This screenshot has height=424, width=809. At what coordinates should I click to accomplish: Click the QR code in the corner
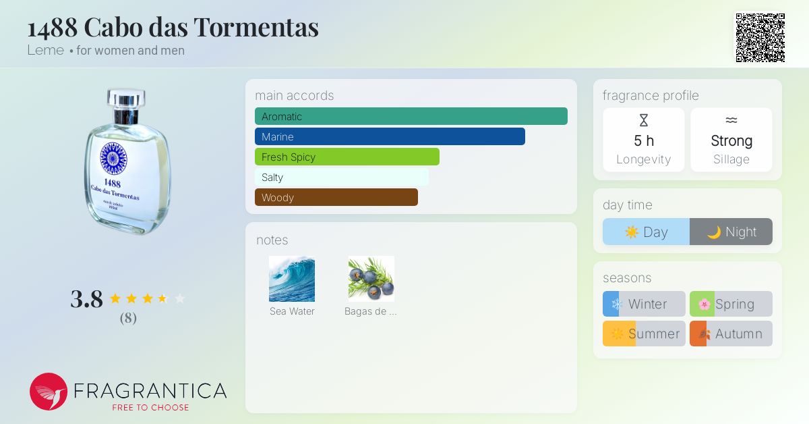pyautogui.click(x=760, y=38)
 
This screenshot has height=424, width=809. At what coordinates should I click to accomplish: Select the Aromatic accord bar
pyautogui.click(x=411, y=116)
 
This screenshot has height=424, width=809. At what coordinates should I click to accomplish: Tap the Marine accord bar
pyautogui.click(x=390, y=136)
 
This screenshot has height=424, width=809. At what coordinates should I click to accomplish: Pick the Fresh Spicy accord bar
pyautogui.click(x=347, y=157)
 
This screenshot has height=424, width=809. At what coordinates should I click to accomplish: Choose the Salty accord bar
pyautogui.click(x=341, y=177)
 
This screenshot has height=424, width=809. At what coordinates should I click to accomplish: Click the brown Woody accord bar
pyautogui.click(x=336, y=197)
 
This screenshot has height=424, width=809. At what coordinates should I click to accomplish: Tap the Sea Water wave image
pyautogui.click(x=292, y=279)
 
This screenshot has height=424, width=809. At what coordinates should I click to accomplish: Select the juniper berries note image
pyautogui.click(x=371, y=279)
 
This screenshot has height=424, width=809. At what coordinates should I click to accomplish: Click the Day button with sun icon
pyautogui.click(x=646, y=232)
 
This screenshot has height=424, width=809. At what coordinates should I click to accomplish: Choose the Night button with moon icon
pyautogui.click(x=731, y=232)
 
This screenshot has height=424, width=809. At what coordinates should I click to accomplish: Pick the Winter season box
pyautogui.click(x=644, y=304)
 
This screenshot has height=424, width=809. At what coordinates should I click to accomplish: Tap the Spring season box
pyautogui.click(x=731, y=304)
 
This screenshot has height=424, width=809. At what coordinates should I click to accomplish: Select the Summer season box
pyautogui.click(x=644, y=334)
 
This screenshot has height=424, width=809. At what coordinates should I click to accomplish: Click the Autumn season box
pyautogui.click(x=731, y=334)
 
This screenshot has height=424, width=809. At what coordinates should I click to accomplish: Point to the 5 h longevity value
pyautogui.click(x=644, y=140)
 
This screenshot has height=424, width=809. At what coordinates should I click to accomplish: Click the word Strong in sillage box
pyautogui.click(x=731, y=140)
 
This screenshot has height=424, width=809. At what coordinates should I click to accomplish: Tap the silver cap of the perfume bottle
pyautogui.click(x=126, y=100)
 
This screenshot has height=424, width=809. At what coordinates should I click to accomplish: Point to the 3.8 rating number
pyautogui.click(x=86, y=298)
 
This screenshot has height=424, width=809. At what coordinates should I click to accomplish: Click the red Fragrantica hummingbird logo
pyautogui.click(x=49, y=392)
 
